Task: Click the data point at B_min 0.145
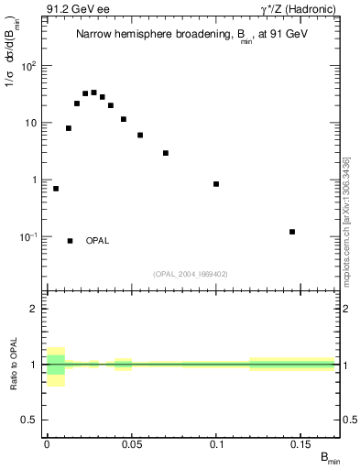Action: (292, 232)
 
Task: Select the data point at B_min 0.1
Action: (216, 184)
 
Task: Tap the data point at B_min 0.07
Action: (166, 153)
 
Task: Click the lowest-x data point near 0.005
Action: (56, 189)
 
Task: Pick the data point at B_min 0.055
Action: (140, 135)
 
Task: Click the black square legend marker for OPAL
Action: (71, 241)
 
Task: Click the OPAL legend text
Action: (98, 241)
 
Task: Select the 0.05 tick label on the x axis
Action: (132, 445)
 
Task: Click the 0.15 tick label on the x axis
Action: (302, 445)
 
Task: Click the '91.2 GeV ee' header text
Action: (73, 9)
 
